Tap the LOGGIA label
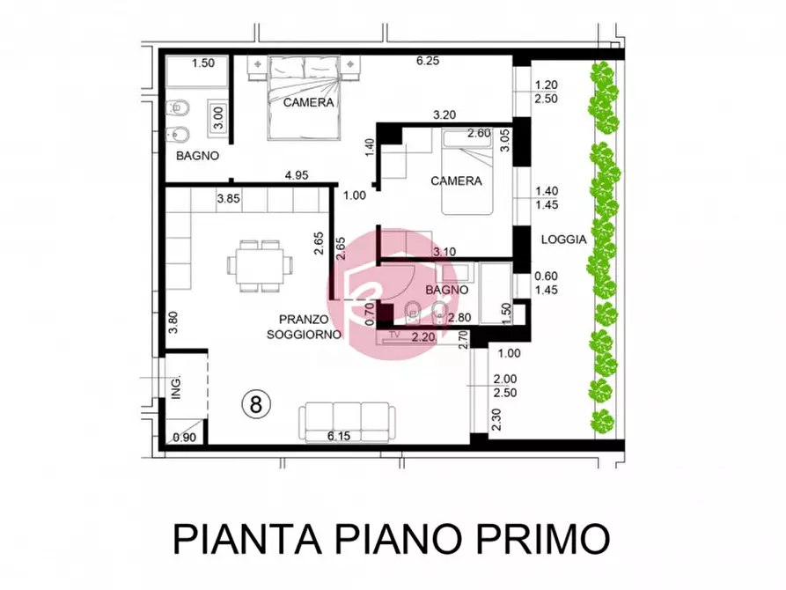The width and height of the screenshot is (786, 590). pos(564,239)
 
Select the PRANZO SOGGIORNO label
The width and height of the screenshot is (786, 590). pos(304,326)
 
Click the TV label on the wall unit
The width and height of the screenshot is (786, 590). pos(395,336)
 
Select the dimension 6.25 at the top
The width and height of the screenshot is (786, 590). pos(429,61)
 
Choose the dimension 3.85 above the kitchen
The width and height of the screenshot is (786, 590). pos(228,199)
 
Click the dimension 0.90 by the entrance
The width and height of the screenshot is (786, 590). pos(184,437)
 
